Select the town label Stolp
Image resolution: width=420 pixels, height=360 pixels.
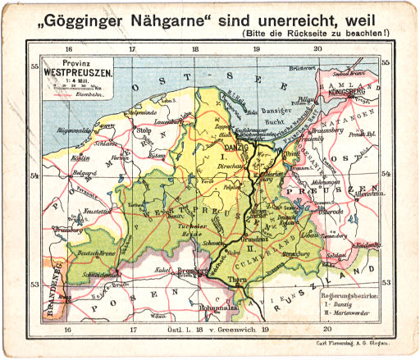146,130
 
